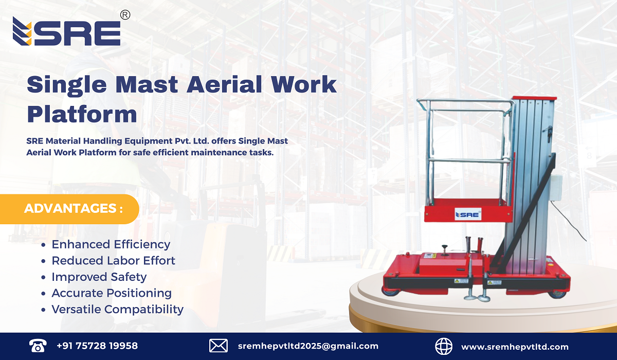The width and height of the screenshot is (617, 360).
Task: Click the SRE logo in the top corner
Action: [67, 32]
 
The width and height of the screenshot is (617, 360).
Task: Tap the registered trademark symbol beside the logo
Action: [125, 15]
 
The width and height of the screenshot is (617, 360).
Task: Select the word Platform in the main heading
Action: [82, 114]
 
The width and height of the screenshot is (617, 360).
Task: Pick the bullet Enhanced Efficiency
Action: [111, 244]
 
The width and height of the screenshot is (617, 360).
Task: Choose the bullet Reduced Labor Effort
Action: [113, 261]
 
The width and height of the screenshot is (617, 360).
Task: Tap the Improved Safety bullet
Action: [99, 277]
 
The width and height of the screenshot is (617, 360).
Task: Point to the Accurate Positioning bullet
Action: [111, 293]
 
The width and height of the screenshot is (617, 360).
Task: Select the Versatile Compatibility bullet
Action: [117, 309]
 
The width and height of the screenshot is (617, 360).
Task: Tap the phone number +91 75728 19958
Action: [97, 346]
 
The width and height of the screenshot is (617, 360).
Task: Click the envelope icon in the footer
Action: [219, 346]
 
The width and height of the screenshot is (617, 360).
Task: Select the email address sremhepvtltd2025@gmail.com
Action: [308, 346]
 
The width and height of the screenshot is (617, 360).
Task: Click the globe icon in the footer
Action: [443, 346]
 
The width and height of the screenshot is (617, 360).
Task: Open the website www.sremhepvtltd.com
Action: [515, 347]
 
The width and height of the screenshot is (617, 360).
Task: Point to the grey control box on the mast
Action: [555, 187]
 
